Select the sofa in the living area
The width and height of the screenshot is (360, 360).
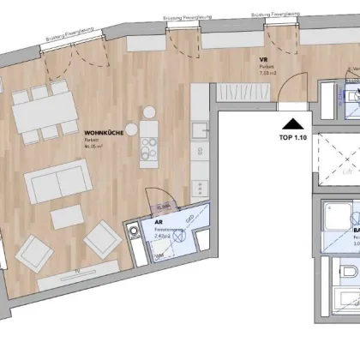(57, 181)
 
